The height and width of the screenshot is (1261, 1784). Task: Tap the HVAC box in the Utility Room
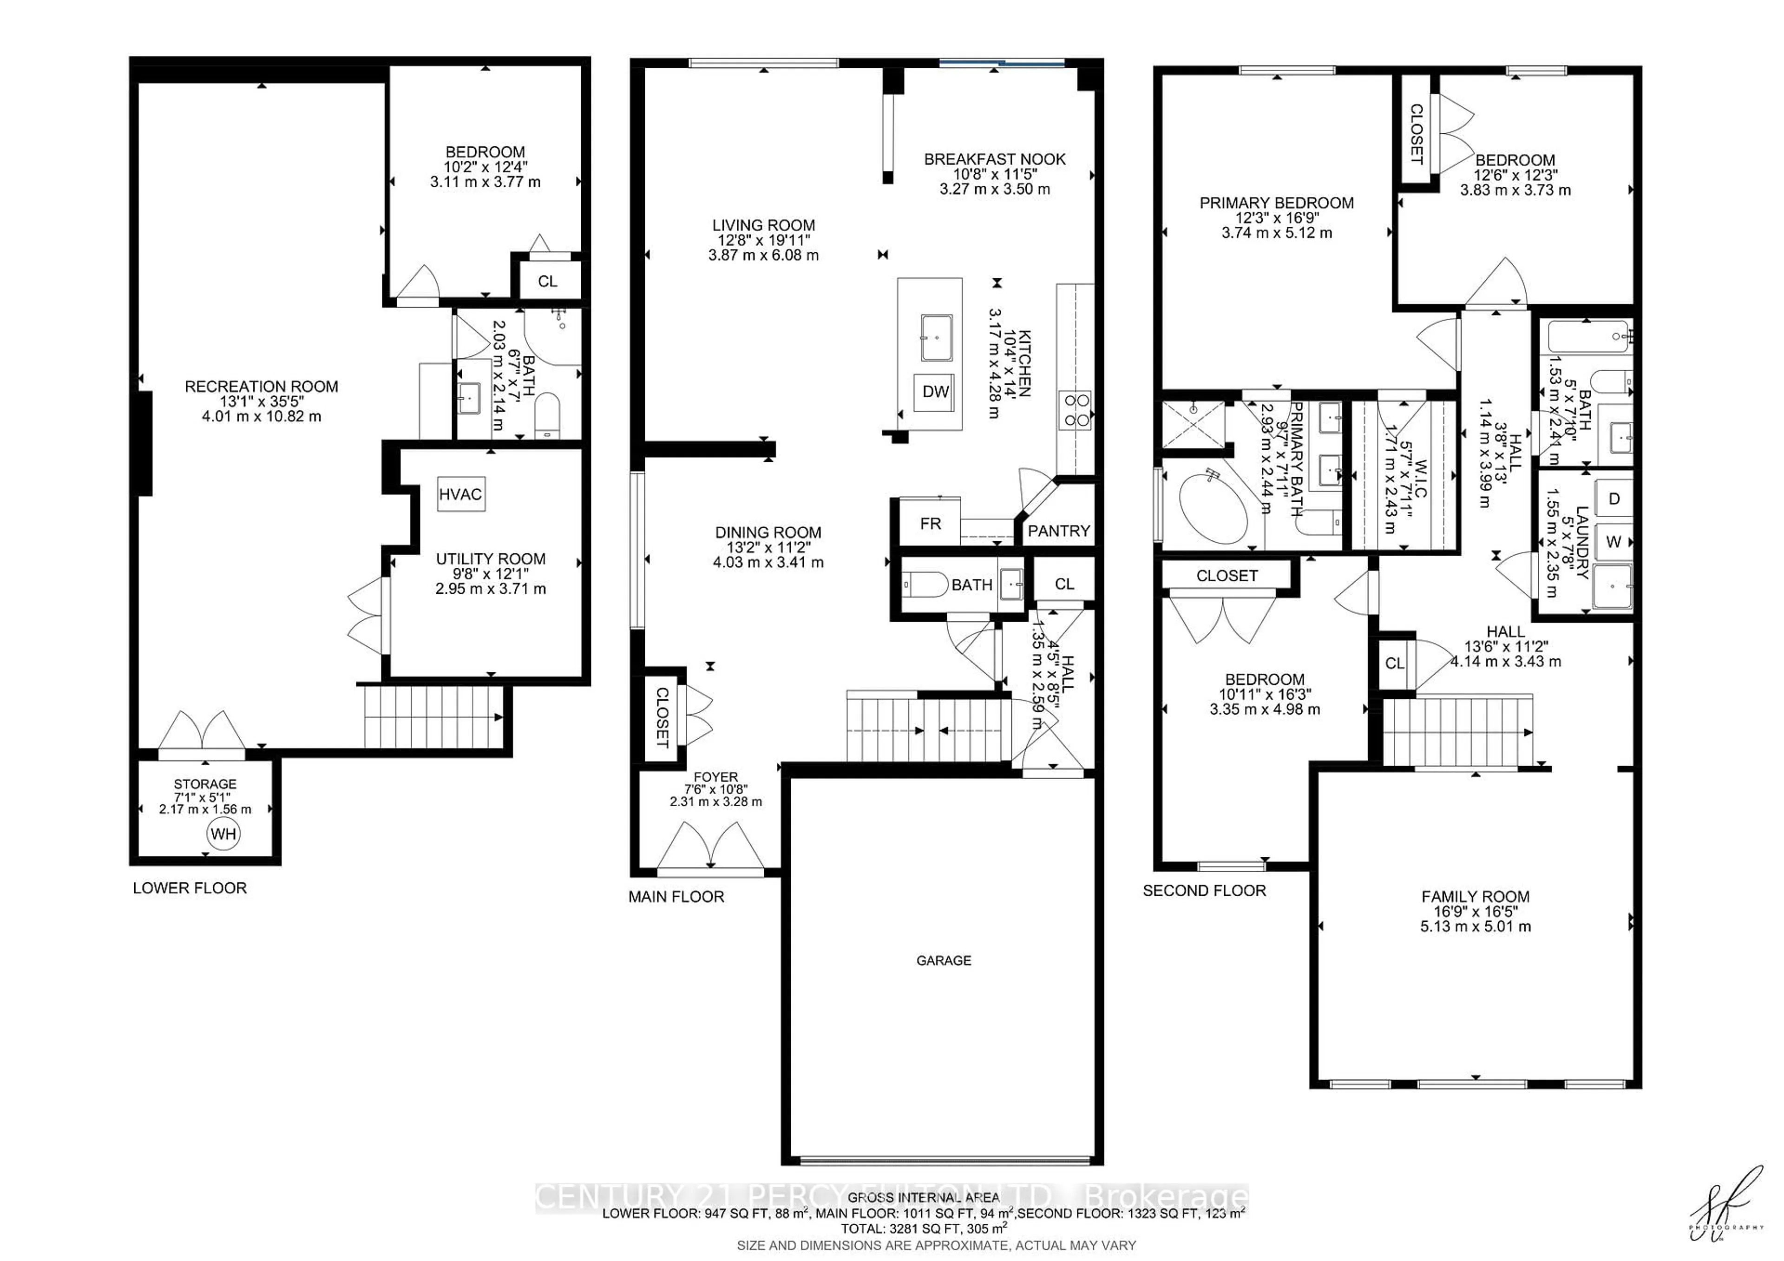(461, 494)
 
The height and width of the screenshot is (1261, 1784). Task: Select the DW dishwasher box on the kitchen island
(936, 392)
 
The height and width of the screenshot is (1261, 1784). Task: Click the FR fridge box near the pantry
(930, 524)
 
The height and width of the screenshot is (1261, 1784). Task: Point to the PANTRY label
(1058, 531)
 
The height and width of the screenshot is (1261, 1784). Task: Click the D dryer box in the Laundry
(1614, 499)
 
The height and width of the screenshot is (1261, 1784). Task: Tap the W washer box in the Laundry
(1614, 542)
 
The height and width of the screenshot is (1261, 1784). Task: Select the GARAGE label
(943, 960)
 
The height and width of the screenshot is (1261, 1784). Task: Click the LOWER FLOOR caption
(190, 888)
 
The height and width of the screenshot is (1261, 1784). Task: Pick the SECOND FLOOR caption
(1204, 890)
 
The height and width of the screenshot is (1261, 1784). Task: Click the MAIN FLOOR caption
(676, 897)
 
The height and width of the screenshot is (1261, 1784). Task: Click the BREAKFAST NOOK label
(995, 159)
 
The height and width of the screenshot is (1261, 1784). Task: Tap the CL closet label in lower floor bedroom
(547, 281)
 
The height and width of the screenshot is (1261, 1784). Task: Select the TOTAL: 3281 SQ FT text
(923, 1228)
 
